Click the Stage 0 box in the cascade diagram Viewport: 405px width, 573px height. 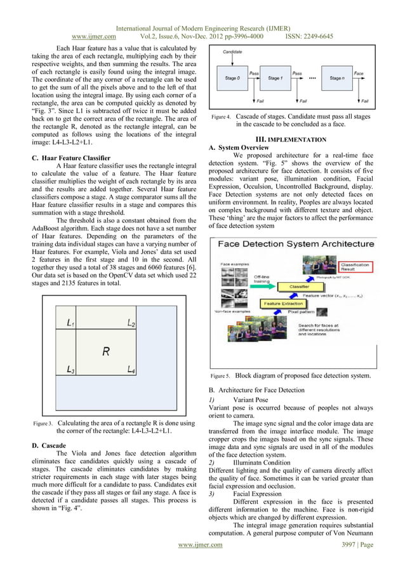234,78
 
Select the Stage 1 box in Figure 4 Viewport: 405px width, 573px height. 276,78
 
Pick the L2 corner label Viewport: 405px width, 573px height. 131,324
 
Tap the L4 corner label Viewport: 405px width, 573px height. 131,369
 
